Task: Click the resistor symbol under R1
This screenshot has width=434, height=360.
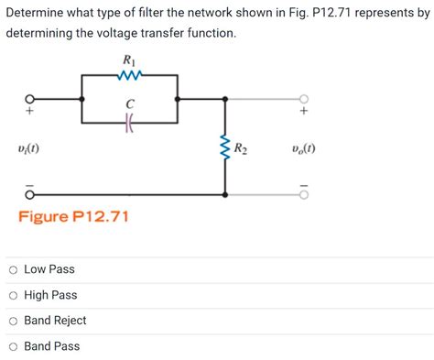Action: click(129, 76)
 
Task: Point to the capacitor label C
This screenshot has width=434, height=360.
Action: click(129, 105)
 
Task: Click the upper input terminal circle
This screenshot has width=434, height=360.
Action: click(29, 98)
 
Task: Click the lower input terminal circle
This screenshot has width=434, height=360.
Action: click(29, 194)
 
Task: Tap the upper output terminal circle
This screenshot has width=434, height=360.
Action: click(304, 98)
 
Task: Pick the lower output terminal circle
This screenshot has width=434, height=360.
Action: click(304, 194)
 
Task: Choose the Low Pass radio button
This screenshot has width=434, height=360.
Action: click(13, 269)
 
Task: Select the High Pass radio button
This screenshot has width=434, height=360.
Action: click(13, 295)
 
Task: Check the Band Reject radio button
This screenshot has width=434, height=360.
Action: click(13, 321)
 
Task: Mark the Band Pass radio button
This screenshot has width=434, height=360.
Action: click(13, 346)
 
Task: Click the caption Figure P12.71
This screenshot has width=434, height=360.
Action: click(74, 217)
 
